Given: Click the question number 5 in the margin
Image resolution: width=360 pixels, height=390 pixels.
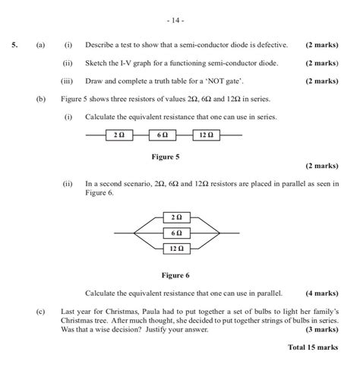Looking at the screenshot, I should [x=14, y=45].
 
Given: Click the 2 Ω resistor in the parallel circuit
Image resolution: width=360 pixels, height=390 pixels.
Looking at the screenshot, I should [x=176, y=217].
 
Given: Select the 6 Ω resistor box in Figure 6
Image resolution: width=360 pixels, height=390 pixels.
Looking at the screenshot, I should [x=176, y=233].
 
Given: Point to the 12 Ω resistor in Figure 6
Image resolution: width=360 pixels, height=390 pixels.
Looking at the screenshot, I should [x=176, y=248].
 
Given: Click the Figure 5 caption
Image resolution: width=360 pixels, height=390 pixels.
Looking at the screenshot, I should [x=166, y=157].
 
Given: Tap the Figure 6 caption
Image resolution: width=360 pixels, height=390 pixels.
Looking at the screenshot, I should [x=175, y=275].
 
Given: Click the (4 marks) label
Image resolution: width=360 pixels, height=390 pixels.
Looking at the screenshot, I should [x=322, y=293].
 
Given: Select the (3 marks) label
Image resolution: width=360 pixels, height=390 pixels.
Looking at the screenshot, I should [x=322, y=330].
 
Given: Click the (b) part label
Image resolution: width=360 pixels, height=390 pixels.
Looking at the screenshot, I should [x=41, y=99].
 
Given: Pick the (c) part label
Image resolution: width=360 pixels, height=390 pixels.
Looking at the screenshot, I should [x=41, y=312].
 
